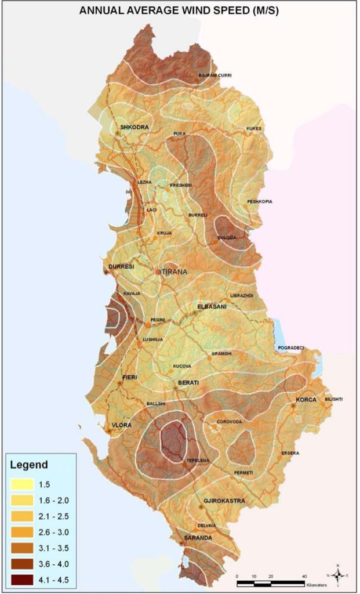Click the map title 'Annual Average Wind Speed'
(x=179, y=10)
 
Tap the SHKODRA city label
(x=134, y=127)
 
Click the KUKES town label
(x=254, y=128)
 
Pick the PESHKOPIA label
(x=260, y=201)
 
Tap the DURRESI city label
(x=121, y=267)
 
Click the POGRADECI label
(x=291, y=347)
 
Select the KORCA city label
(x=306, y=400)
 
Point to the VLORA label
(x=122, y=425)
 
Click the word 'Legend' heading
(x=29, y=465)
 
